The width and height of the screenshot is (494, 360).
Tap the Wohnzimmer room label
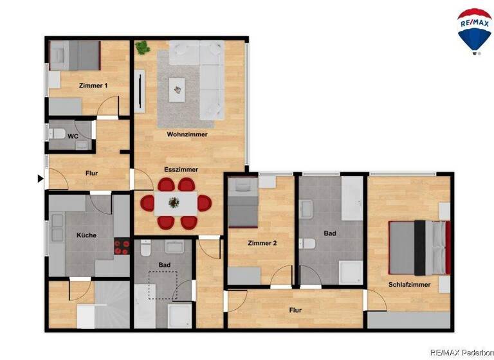click(187, 134)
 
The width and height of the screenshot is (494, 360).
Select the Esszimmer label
click(181, 170)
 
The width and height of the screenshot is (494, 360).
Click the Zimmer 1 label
click(93, 85)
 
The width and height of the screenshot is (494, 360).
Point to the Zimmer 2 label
click(262, 243)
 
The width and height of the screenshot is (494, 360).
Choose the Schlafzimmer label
click(408, 284)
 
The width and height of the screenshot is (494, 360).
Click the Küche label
click(86, 235)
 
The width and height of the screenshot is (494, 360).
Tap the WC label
click(73, 136)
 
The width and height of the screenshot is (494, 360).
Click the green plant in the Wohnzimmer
click(142, 47)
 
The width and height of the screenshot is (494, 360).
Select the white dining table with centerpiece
click(175, 204)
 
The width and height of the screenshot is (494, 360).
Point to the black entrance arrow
click(41, 179)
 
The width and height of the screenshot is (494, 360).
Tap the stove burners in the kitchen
click(122, 248)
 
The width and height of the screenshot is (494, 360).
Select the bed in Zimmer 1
click(76, 55)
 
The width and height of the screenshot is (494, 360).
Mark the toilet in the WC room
click(57, 134)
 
